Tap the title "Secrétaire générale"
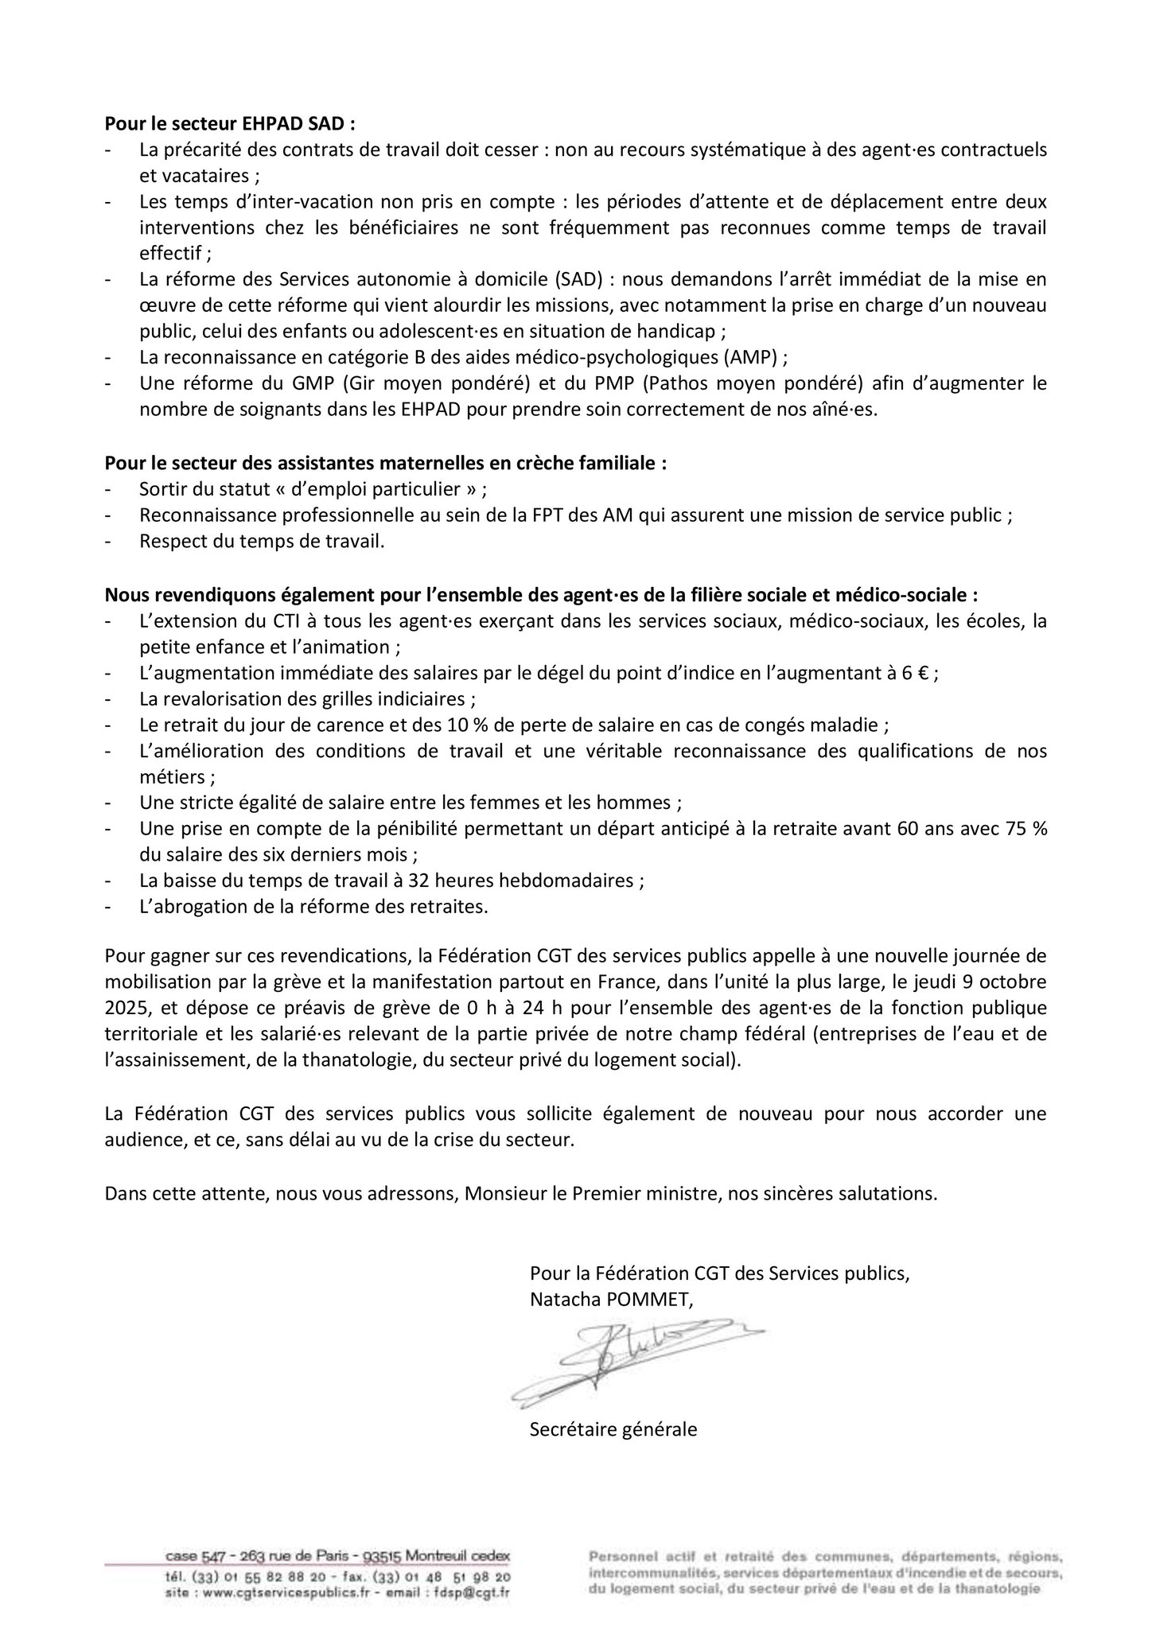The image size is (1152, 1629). click(x=613, y=1429)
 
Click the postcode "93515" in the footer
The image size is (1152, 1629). click(x=383, y=1556)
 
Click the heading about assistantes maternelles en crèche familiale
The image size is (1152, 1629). click(x=386, y=463)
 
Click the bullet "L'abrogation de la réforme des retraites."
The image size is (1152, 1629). click(x=313, y=907)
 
